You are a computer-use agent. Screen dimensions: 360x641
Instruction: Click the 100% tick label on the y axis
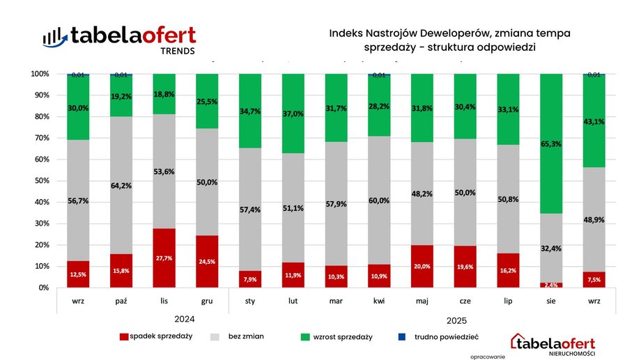pos(39,74)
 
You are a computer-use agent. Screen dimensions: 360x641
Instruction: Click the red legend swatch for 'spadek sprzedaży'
pos(125,336)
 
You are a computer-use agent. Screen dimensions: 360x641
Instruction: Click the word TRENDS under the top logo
pos(178,51)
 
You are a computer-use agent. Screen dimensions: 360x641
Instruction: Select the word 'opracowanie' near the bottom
pos(488,356)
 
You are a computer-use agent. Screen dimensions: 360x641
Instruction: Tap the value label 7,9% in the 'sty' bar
pos(249,281)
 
